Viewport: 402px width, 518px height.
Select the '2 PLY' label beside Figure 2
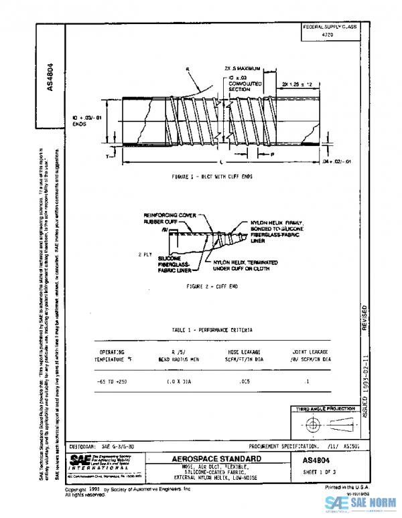145,254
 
